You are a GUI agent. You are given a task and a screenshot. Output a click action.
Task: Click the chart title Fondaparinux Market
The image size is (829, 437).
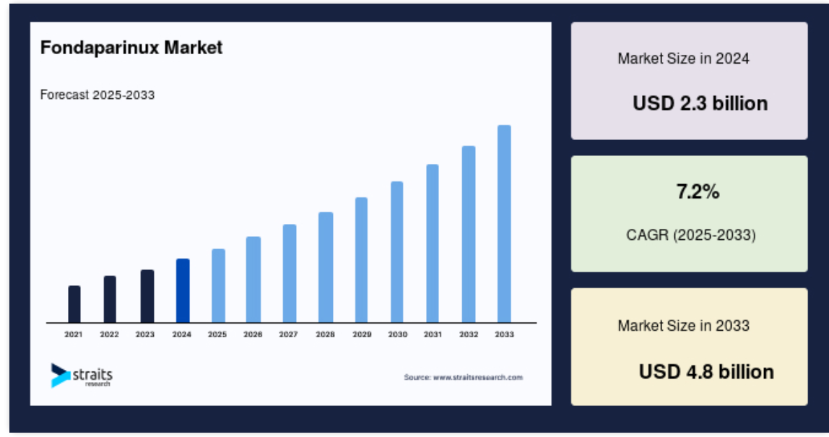[131, 48]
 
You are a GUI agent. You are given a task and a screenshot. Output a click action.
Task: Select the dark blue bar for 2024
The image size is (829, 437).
[183, 290]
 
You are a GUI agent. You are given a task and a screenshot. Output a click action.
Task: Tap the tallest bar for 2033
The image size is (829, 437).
[504, 224]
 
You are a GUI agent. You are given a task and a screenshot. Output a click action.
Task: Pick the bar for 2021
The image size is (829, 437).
[74, 304]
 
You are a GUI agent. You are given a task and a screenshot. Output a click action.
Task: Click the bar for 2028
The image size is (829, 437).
[326, 267]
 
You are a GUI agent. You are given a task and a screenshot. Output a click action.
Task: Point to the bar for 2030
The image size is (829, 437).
[397, 252]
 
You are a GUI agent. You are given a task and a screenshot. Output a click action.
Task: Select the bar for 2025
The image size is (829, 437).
[218, 286]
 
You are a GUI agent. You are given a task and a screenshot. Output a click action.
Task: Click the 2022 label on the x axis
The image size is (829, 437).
[110, 334]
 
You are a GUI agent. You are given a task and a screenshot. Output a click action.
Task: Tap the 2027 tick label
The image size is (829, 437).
[288, 334]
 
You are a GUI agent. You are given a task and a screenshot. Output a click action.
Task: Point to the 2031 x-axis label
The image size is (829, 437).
[433, 334]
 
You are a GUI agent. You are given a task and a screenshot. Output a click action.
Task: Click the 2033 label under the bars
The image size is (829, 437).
[504, 334]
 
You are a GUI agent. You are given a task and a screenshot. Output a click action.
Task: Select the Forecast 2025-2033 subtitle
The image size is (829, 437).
[97, 95]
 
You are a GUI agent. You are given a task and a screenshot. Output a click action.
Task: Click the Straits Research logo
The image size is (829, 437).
[82, 375]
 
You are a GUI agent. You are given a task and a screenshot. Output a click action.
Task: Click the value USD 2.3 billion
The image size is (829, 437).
[700, 103]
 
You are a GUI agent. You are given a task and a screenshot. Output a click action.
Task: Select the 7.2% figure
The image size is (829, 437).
[698, 191]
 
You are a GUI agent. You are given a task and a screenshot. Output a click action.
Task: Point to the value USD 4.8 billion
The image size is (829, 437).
[706, 372]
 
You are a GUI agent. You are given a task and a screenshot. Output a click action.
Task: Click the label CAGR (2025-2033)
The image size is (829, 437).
[691, 235]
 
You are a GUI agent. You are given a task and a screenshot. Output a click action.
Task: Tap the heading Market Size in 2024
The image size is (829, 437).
[684, 59]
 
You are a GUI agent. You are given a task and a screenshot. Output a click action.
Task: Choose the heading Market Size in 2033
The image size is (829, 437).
[684, 325]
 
